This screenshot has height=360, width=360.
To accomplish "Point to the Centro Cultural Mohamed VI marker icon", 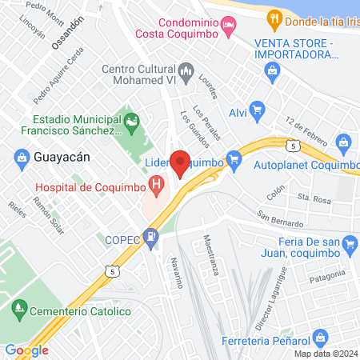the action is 186,71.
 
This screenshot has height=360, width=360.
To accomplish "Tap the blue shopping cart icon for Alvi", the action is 257,107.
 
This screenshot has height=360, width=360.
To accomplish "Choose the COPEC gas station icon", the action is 136,238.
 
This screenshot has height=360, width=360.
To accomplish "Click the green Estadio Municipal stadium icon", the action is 132,122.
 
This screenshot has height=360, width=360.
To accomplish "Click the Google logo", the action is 26,350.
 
